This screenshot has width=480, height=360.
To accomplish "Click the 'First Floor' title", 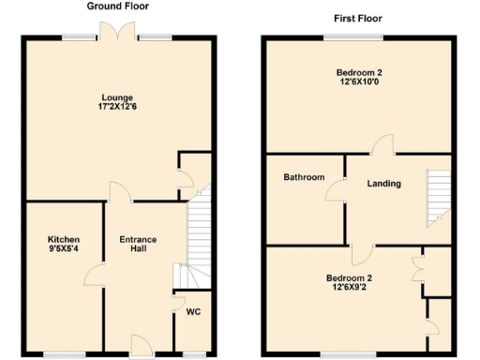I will pos(359,18).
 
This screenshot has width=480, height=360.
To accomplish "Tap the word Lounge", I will pos(118,97).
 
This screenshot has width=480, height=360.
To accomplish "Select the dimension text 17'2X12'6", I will pos(118,108).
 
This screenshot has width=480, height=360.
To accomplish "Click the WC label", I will pos(193,311).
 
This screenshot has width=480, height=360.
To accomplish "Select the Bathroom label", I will pos(304,177).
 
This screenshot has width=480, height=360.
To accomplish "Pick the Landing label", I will pos(383,183).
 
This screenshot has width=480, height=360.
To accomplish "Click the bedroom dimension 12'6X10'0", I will pos(359,83).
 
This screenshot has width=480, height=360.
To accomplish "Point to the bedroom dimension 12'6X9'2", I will pos(349,289).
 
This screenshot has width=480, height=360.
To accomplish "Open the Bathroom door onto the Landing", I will pos(335,190).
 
